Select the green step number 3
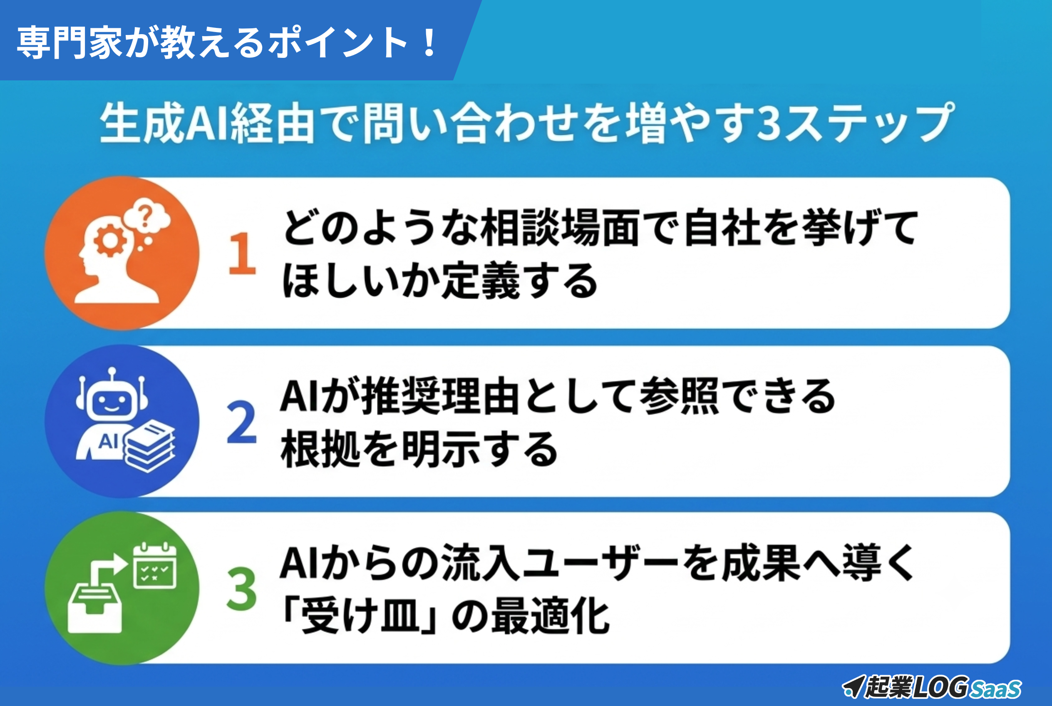[x=242, y=589]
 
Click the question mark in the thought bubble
[x=145, y=215]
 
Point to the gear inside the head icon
[x=110, y=241]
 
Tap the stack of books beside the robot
[x=149, y=446]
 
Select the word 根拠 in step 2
[x=320, y=448]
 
